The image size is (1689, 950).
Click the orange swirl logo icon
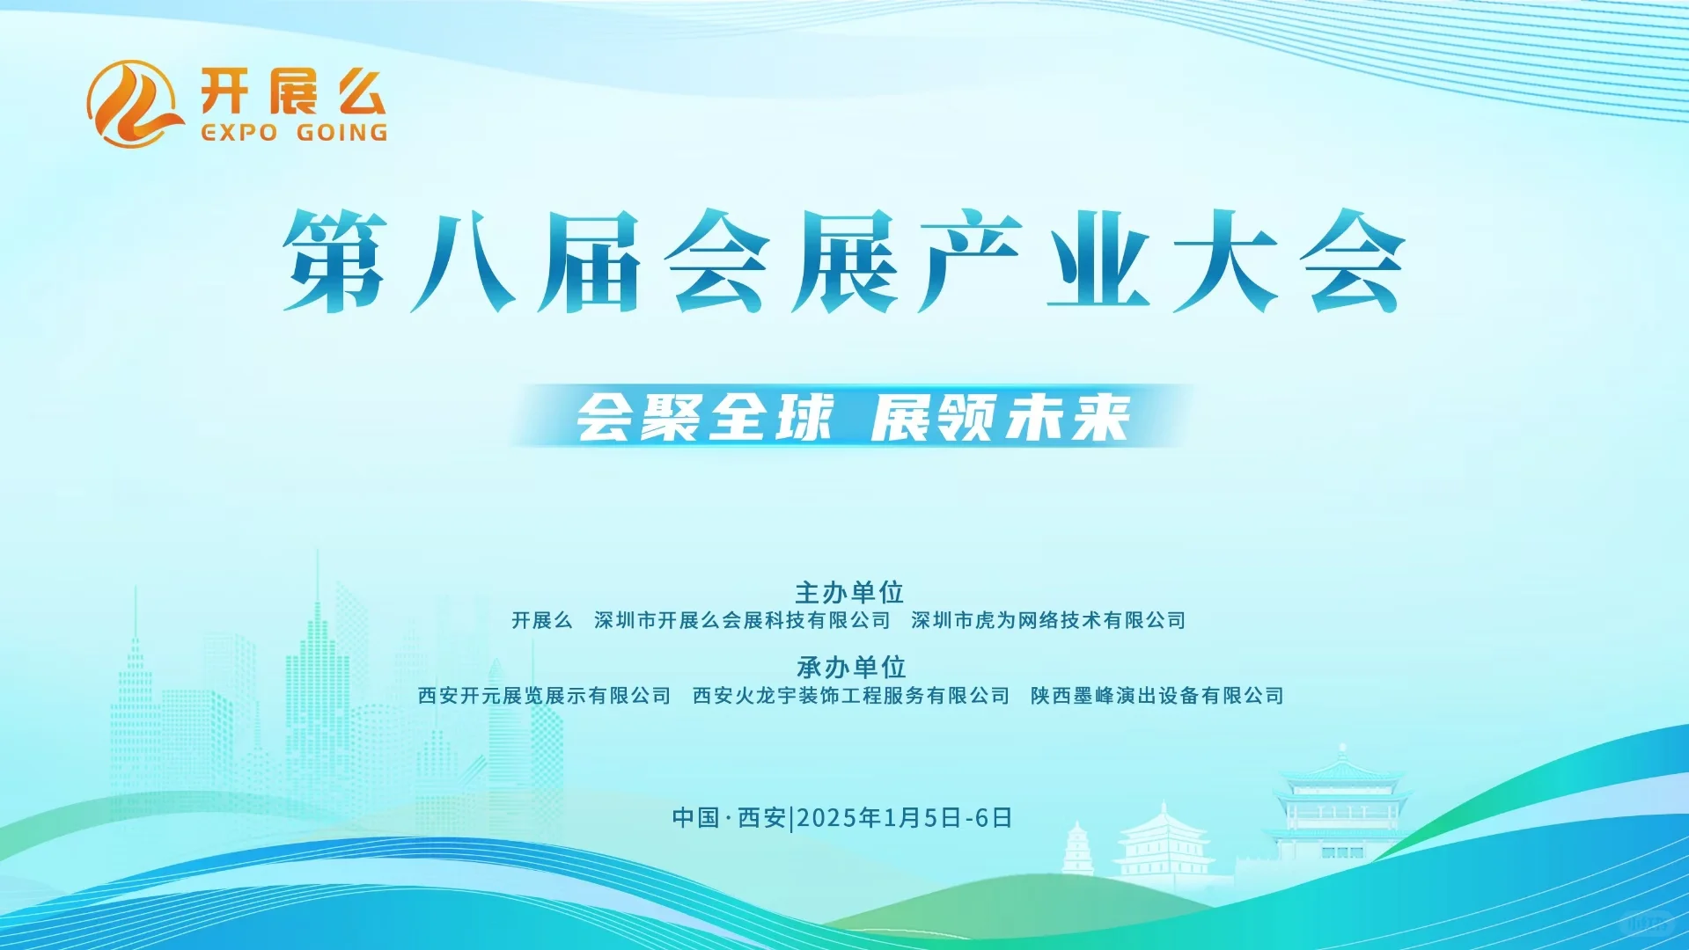click(132, 104)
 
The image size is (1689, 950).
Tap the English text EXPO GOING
click(294, 133)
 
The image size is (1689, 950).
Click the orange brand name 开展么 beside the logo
click(292, 91)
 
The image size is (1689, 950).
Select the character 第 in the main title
click(335, 261)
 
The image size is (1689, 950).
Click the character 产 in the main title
click(969, 261)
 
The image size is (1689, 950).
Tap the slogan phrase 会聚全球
click(704, 417)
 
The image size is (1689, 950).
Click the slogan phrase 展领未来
click(1001, 417)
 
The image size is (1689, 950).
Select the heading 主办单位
click(849, 592)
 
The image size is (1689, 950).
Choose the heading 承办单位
click(851, 667)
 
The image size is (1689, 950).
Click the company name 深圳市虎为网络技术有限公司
click(1048, 621)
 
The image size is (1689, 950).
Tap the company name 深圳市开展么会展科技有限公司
click(742, 621)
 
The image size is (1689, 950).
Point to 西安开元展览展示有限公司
click(544, 696)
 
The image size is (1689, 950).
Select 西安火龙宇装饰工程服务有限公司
click(851, 696)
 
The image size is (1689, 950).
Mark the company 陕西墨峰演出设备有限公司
click(1157, 696)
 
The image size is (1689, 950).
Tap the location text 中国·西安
click(729, 818)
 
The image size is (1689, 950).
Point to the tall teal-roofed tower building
click(1339, 805)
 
